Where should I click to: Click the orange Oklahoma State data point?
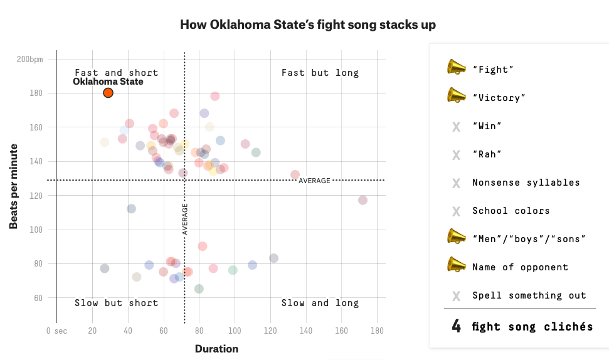(x=108, y=93)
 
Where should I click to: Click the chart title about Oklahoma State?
(x=308, y=25)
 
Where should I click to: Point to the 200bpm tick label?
(x=30, y=60)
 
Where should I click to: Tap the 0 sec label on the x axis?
(x=56, y=331)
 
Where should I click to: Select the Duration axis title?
(x=216, y=349)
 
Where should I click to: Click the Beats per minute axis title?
(x=14, y=186)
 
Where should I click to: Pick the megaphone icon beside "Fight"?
(x=456, y=67)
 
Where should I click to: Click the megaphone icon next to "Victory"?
(x=456, y=95)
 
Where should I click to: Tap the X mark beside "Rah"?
(x=456, y=155)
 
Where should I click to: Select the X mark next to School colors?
(x=456, y=211)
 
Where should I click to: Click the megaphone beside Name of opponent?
(x=456, y=265)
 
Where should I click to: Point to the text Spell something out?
(x=529, y=295)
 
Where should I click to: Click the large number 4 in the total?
(x=456, y=326)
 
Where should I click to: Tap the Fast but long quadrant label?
(x=320, y=73)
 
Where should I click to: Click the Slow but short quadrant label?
(x=116, y=303)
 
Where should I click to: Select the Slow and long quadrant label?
(x=320, y=303)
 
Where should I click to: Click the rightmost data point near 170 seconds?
(x=363, y=200)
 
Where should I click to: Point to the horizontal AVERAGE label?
(x=314, y=181)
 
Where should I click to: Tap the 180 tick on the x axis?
(x=377, y=331)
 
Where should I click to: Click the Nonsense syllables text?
(x=526, y=183)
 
